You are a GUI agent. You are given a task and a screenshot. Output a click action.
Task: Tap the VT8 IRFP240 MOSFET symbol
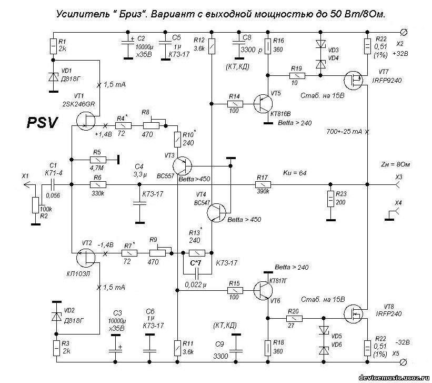(354, 315)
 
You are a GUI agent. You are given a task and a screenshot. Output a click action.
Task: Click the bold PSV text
(41, 123)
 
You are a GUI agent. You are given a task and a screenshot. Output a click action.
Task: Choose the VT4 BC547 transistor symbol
(216, 212)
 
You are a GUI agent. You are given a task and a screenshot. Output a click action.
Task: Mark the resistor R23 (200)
(330, 199)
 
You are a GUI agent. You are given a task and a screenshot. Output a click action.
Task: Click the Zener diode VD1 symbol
(53, 76)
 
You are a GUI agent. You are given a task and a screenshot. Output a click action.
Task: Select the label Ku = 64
(295, 173)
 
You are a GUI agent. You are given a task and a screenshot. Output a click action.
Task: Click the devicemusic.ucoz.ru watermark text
(393, 378)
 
